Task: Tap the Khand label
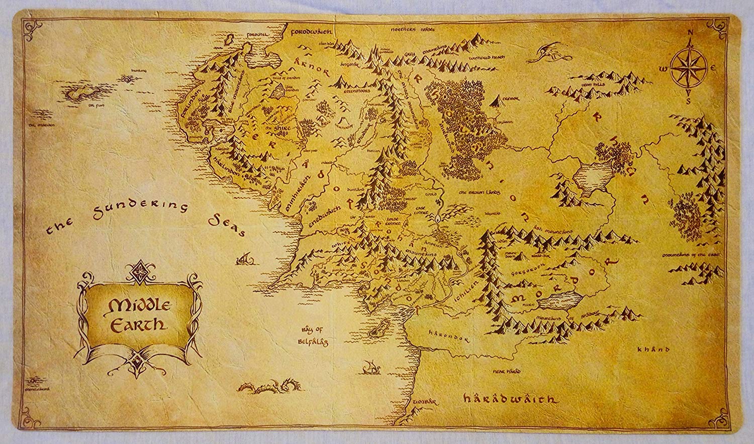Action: (x=653, y=349)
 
